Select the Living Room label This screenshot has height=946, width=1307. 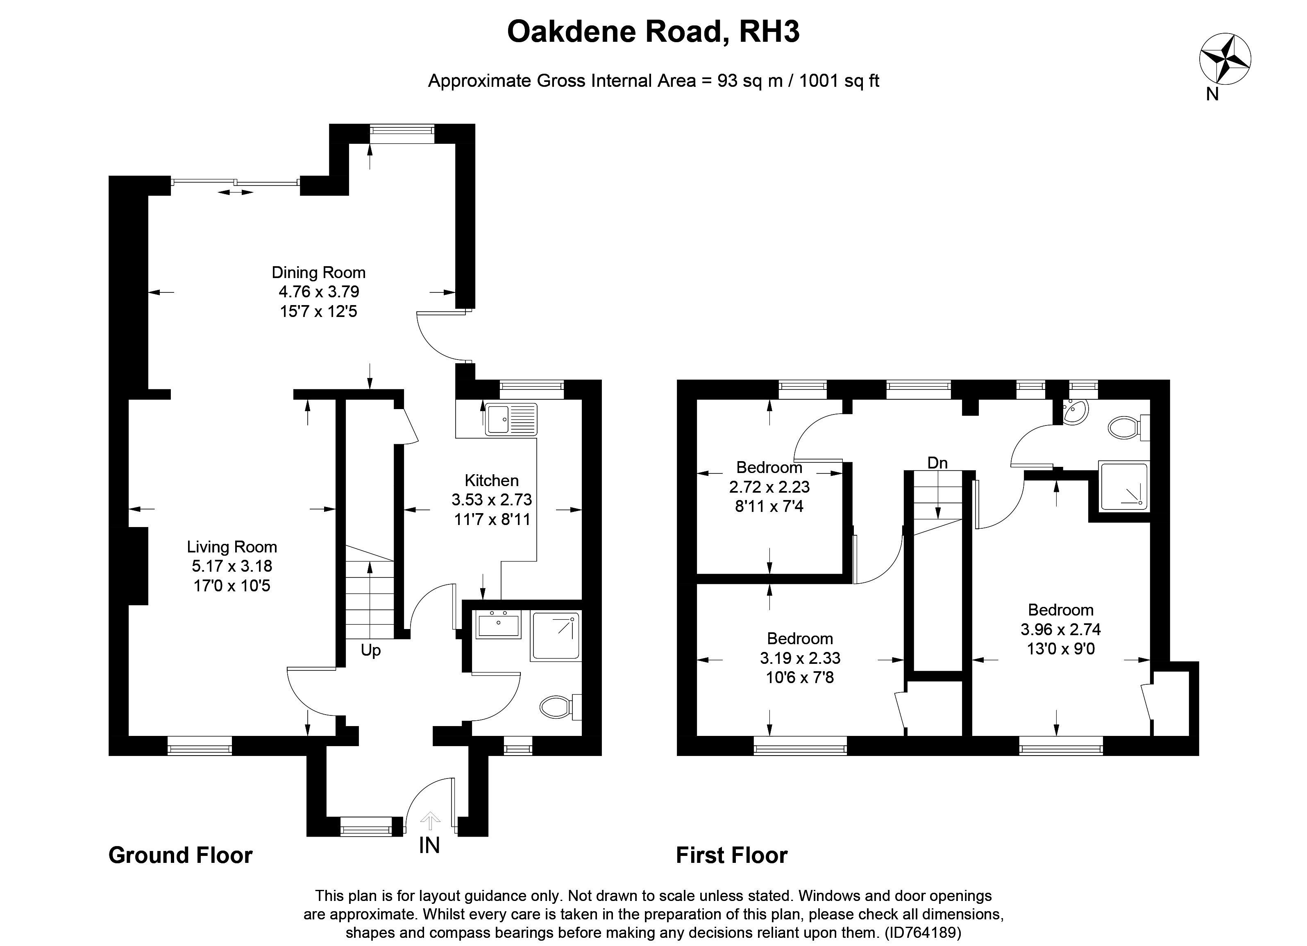[231, 547]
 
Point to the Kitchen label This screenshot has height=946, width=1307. [492, 480]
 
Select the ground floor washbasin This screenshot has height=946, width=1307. [498, 625]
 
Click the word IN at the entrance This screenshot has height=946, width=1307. [429, 845]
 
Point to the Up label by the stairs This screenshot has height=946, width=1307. [370, 650]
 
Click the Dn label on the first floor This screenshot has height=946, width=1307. [937, 463]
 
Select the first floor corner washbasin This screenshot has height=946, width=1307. [1074, 412]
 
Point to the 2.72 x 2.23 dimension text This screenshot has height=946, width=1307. [769, 487]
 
